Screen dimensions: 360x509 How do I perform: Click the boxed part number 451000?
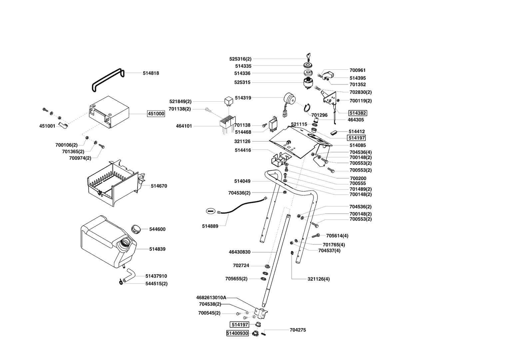pyautogui.click(x=156, y=114)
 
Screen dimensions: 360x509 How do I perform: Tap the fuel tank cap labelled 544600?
pyautogui.click(x=136, y=229)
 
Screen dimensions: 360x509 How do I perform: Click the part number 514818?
pyautogui.click(x=151, y=73)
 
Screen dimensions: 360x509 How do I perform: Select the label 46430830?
pyautogui.click(x=240, y=252)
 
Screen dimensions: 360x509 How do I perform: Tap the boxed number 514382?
pyautogui.click(x=357, y=113)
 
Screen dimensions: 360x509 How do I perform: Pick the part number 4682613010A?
pyautogui.click(x=211, y=297)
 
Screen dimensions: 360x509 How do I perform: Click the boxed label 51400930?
pyautogui.click(x=238, y=333)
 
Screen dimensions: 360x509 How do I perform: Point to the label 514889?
pyautogui.click(x=210, y=226)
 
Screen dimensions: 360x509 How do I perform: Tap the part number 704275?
pyautogui.click(x=298, y=330)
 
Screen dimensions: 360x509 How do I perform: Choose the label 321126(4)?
pyautogui.click(x=318, y=279)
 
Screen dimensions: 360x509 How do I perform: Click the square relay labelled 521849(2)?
pyautogui.click(x=229, y=100)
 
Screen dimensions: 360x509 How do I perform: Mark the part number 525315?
pyautogui.click(x=242, y=82)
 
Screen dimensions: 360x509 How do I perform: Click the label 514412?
pyautogui.click(x=356, y=132)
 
